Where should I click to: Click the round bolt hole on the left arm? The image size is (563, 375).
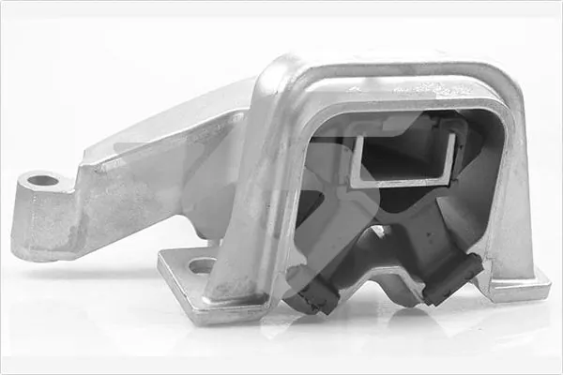[x=43, y=179]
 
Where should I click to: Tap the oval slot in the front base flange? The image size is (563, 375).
[x=202, y=265]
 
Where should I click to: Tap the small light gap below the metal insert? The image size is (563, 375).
[x=380, y=231]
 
